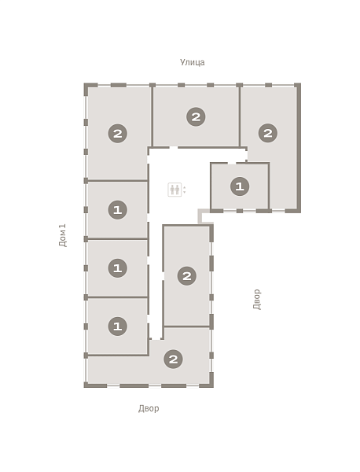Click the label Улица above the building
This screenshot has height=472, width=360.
192,62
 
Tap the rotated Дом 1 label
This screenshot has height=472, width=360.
63,235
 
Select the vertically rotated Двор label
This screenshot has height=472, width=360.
256,299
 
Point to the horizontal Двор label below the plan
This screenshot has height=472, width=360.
149,408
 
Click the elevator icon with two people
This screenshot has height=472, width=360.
174,190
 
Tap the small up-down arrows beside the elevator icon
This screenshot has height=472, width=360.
185,190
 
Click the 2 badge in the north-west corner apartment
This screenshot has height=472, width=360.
118,134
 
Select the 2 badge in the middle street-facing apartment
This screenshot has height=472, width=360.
196,116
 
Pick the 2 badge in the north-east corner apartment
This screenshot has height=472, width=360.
268,133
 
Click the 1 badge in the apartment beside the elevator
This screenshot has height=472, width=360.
240,186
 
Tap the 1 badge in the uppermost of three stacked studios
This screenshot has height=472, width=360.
118,209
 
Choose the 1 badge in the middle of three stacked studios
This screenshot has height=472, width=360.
118,268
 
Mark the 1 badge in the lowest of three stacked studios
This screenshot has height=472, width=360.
118,326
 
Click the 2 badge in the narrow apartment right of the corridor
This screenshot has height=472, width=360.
187,276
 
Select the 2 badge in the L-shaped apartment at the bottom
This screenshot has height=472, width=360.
173,360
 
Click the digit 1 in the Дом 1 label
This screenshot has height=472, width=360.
63,226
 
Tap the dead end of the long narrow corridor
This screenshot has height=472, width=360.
156,339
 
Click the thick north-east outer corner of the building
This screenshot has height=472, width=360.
298,86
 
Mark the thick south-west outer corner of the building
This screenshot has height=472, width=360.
86,385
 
